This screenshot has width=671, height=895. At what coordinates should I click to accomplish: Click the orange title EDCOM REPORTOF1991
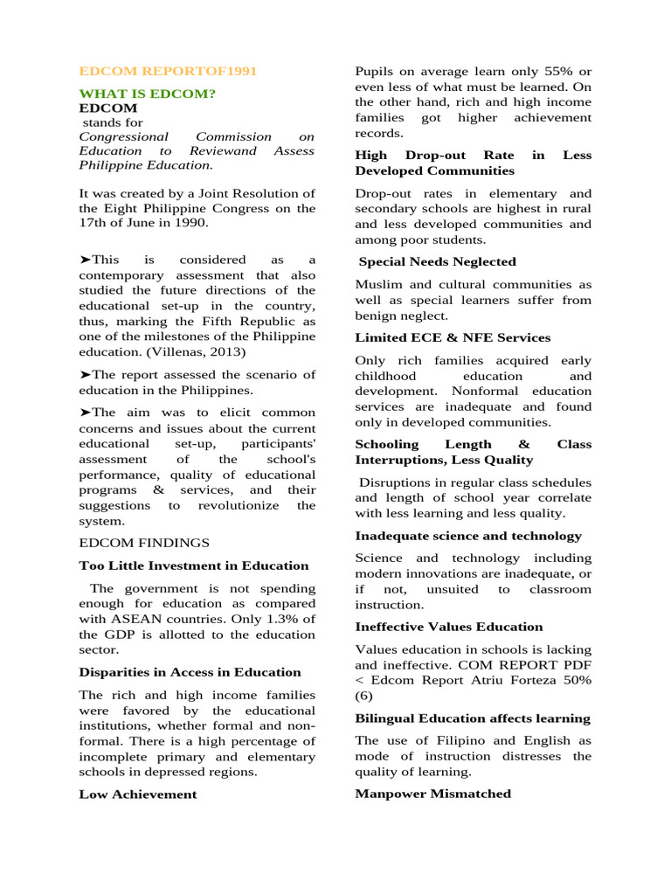point(168,71)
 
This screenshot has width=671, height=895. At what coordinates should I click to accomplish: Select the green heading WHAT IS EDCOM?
point(148,94)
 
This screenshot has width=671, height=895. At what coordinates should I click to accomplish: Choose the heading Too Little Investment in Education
point(193,565)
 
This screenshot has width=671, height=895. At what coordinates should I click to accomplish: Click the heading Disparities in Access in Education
point(190,672)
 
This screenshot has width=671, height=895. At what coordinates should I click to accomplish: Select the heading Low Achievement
point(137,794)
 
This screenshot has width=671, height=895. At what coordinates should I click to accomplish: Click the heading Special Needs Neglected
point(437,261)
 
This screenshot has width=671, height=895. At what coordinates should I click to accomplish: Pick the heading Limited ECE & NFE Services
point(453,337)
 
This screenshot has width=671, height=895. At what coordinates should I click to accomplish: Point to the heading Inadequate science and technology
point(467,536)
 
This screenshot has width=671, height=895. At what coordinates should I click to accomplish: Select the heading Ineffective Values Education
point(448,627)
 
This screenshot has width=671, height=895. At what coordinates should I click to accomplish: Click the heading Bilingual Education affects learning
point(472,718)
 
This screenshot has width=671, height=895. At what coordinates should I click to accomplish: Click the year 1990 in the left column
point(190,223)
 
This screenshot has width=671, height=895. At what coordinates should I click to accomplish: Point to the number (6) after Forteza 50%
point(363,696)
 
